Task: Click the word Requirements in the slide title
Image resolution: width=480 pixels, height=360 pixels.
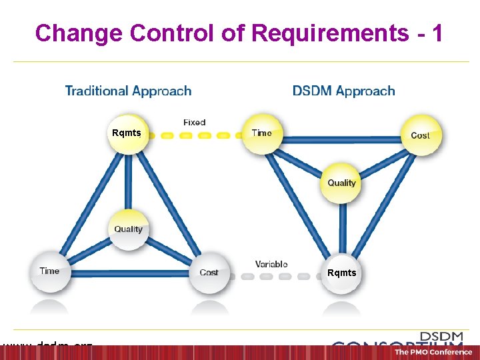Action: pyautogui.click(x=330, y=33)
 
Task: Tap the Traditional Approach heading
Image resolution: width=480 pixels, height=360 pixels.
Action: pyautogui.click(x=128, y=91)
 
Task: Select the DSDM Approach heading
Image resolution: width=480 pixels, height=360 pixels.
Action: pyautogui.click(x=343, y=91)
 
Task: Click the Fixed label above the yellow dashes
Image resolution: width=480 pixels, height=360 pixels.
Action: pyautogui.click(x=194, y=123)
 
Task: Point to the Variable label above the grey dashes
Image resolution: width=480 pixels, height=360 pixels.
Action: pyautogui.click(x=271, y=264)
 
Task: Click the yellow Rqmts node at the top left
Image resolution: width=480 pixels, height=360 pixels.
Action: pyautogui.click(x=127, y=133)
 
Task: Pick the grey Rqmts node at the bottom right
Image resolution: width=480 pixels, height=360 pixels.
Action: pyautogui.click(x=341, y=273)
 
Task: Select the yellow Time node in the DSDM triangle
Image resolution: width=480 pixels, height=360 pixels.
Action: pyautogui.click(x=262, y=133)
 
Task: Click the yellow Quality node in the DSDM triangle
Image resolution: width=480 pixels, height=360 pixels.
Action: pyautogui.click(x=341, y=182)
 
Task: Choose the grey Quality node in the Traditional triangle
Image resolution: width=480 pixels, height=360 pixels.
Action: pyautogui.click(x=128, y=229)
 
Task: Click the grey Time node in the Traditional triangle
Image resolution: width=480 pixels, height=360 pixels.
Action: pyautogui.click(x=49, y=271)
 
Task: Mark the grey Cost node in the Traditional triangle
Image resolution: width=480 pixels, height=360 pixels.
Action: pyautogui.click(x=209, y=272)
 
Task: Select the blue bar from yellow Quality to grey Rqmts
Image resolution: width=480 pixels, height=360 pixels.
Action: pyautogui.click(x=341, y=227)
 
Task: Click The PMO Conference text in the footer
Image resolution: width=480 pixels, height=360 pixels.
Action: pyautogui.click(x=433, y=352)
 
